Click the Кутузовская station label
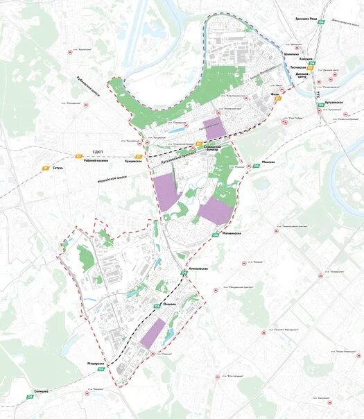point(335,103)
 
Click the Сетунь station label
point(58,167)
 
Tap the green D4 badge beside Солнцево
point(30,397)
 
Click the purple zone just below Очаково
point(153,332)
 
